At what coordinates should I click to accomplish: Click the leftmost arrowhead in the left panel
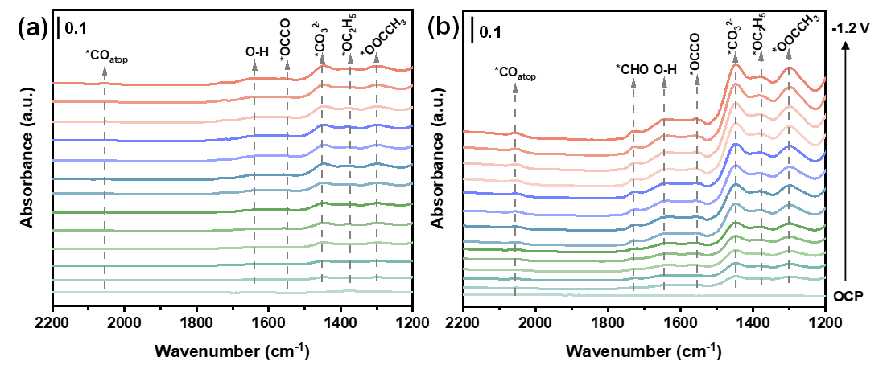pyautogui.click(x=104, y=72)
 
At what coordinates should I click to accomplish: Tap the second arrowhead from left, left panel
pyautogui.click(x=255, y=64)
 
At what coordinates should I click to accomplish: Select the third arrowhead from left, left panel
pyautogui.click(x=288, y=64)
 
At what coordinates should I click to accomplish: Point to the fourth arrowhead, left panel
pyautogui.click(x=323, y=58)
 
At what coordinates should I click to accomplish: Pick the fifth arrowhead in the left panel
pyautogui.click(x=351, y=58)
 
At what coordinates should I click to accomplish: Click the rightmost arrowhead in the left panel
pyautogui.click(x=377, y=57)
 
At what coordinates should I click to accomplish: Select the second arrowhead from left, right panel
pyautogui.click(x=633, y=82)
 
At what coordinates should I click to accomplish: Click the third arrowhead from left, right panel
pyautogui.click(x=664, y=81)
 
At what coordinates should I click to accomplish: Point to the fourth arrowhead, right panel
pyautogui.click(x=698, y=79)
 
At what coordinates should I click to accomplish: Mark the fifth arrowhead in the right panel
pyautogui.click(x=736, y=57)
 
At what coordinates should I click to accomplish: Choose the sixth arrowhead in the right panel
pyautogui.click(x=761, y=55)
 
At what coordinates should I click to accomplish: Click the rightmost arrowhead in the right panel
pyautogui.click(x=789, y=54)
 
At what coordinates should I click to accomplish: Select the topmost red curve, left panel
pyautogui.click(x=161, y=84)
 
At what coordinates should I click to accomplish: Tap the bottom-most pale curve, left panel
pyautogui.click(x=161, y=293)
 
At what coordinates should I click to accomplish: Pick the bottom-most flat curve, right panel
pyautogui.click(x=563, y=295)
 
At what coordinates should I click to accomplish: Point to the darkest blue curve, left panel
pyautogui.click(x=161, y=141)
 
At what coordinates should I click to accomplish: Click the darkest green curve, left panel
pyautogui.click(x=161, y=213)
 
